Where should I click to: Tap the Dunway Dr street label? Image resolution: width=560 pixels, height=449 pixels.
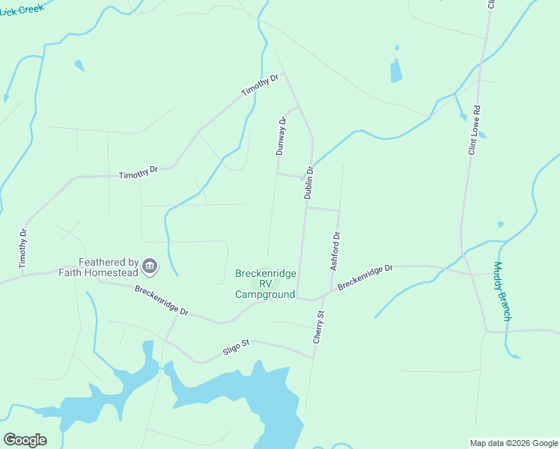pos(281,135)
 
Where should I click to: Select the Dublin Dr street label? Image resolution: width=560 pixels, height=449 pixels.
pos(308,182)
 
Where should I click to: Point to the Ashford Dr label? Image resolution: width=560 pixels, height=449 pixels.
pos(335,251)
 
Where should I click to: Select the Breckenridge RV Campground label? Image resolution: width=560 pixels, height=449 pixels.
pos(265,284)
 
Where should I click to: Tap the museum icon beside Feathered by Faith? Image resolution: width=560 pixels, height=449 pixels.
pos(150,266)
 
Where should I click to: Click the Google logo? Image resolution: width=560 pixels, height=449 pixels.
pos(25,440)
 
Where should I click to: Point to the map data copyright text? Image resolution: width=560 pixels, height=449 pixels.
pos(514,443)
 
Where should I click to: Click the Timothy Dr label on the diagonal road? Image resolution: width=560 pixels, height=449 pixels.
pos(260,85)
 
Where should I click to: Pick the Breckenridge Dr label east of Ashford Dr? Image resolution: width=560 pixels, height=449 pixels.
pos(365,277)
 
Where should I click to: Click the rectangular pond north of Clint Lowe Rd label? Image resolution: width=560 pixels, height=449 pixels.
pos(396,70)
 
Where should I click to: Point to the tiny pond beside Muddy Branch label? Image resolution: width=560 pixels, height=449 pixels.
pos(500,224)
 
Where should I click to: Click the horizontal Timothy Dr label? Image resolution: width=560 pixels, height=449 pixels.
pos(139,173)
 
